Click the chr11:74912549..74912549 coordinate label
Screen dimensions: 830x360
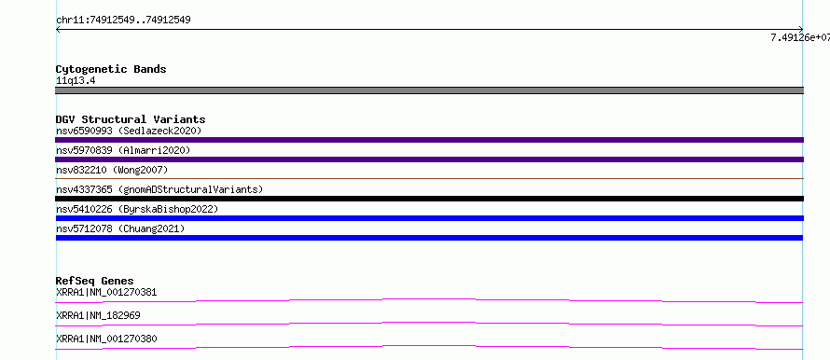coord(123,21)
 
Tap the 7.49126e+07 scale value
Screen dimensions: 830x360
coord(800,37)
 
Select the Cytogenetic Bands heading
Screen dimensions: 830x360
coord(111,69)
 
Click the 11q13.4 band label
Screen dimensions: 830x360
coord(76,81)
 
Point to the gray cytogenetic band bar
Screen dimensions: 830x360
coord(429,90)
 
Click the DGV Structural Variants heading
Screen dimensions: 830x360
coord(131,119)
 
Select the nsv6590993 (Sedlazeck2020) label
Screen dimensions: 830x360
coord(129,131)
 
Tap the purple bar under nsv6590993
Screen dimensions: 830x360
coord(429,140)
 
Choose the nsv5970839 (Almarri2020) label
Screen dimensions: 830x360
coord(123,150)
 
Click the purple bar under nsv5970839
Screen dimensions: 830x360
coord(429,159)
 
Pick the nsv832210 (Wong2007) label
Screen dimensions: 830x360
coord(112,170)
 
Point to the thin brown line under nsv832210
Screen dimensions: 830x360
coord(429,179)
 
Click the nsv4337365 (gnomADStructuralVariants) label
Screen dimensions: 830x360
coord(159,189)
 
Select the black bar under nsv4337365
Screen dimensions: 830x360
coord(429,199)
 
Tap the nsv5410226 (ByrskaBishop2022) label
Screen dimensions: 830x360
coord(137,209)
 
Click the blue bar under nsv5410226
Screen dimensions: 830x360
coord(429,218)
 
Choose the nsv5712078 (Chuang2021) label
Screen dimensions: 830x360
coord(120,228)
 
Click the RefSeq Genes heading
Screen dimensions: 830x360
coord(95,281)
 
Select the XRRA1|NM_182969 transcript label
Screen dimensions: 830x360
coord(98,315)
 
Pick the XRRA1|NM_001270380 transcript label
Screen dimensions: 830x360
coord(106,339)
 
